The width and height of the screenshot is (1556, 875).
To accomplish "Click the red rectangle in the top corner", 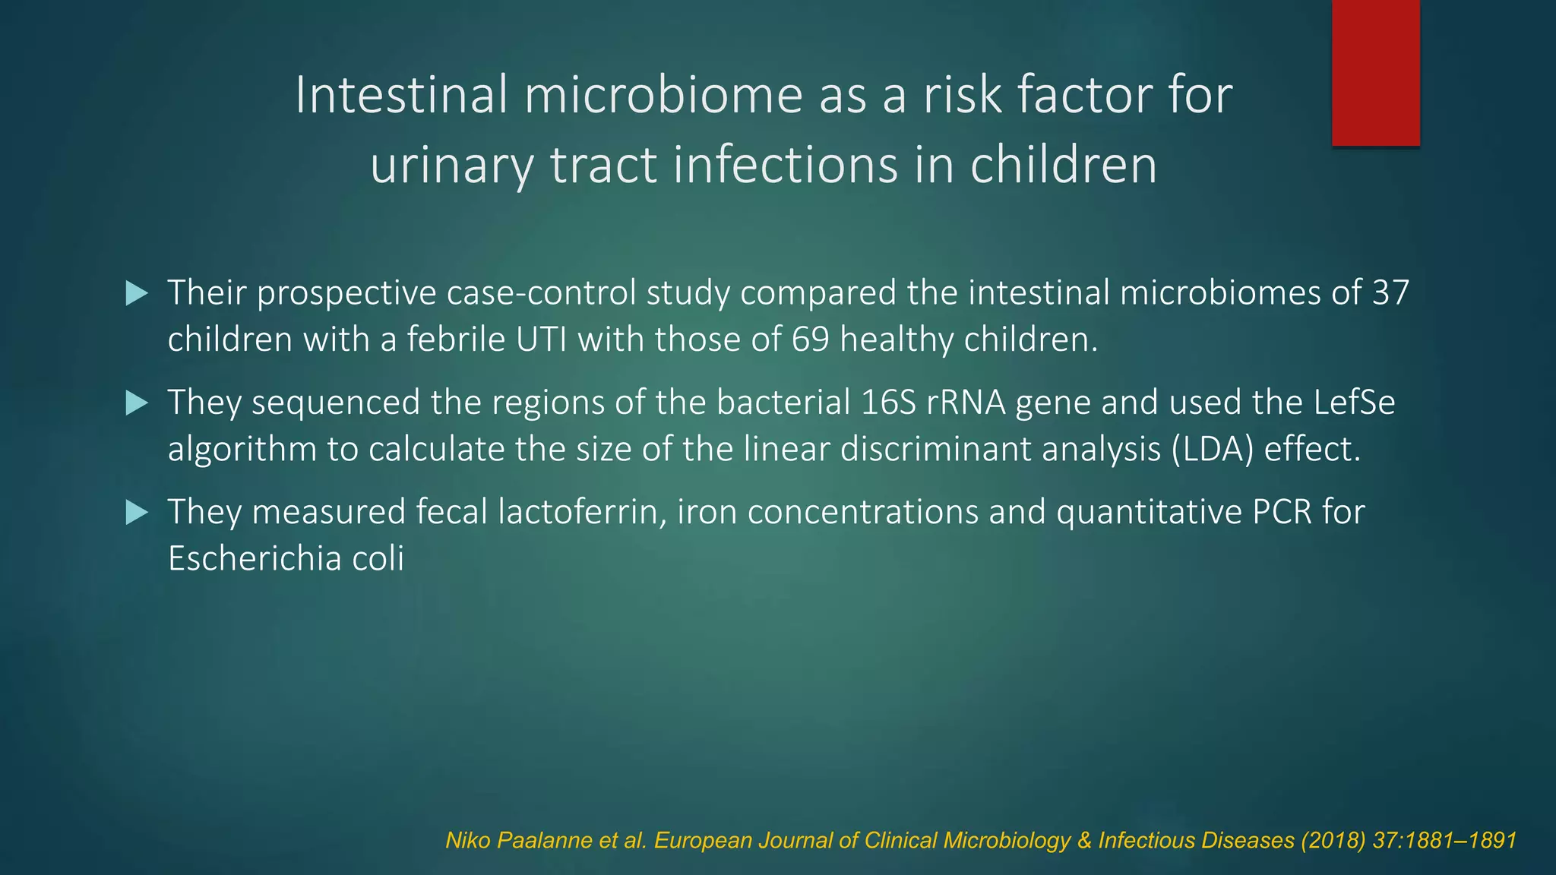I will [x=1375, y=72].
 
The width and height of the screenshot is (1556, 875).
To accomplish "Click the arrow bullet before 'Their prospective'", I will [x=137, y=293].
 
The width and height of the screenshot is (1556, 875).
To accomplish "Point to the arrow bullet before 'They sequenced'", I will [x=137, y=403].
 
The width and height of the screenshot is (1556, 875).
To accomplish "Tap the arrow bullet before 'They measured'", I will [x=137, y=513].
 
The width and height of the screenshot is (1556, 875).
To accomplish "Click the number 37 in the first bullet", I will [x=1390, y=292].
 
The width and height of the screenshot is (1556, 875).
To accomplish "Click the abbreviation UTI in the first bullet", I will [x=542, y=340].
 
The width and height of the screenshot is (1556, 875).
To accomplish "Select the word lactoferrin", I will [x=582, y=512].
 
